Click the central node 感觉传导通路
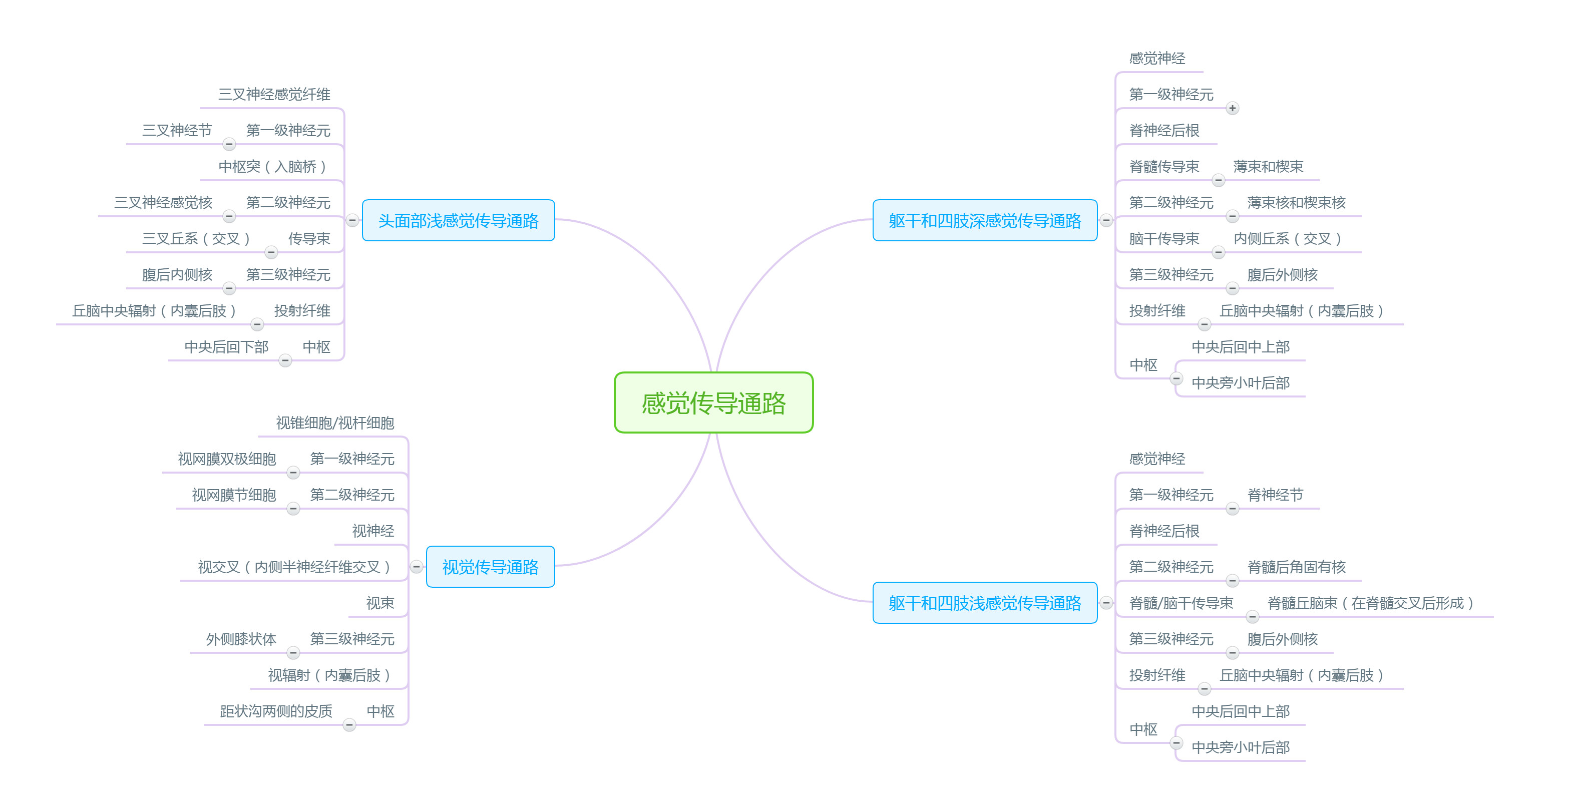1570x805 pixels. pyautogui.click(x=713, y=403)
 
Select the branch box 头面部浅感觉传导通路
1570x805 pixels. pyautogui.click(x=458, y=221)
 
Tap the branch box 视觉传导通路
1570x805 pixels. pyautogui.click(x=490, y=567)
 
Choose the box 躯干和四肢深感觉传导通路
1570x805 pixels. pyautogui.click(x=984, y=221)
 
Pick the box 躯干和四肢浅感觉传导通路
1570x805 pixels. pyautogui.click(x=984, y=603)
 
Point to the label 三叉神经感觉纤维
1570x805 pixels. pyautogui.click(x=274, y=95)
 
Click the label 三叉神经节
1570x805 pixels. pyautogui.click(x=177, y=130)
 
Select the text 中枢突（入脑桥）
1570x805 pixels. pyautogui.click(x=272, y=166)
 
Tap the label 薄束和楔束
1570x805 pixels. pyautogui.click(x=1268, y=166)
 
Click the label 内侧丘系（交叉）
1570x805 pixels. pyautogui.click(x=1287, y=238)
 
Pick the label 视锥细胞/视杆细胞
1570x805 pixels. pyautogui.click(x=334, y=423)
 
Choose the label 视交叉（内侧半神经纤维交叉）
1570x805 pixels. pyautogui.click(x=294, y=567)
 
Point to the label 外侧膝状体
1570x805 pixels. pyautogui.click(x=241, y=639)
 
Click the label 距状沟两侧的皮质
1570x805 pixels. pyautogui.click(x=275, y=711)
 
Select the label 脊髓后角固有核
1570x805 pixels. pyautogui.click(x=1296, y=567)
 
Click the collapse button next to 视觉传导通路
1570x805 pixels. pyautogui.click(x=416, y=567)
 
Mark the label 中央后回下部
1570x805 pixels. pyautogui.click(x=226, y=347)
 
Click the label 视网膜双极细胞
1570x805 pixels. pyautogui.click(x=227, y=459)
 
